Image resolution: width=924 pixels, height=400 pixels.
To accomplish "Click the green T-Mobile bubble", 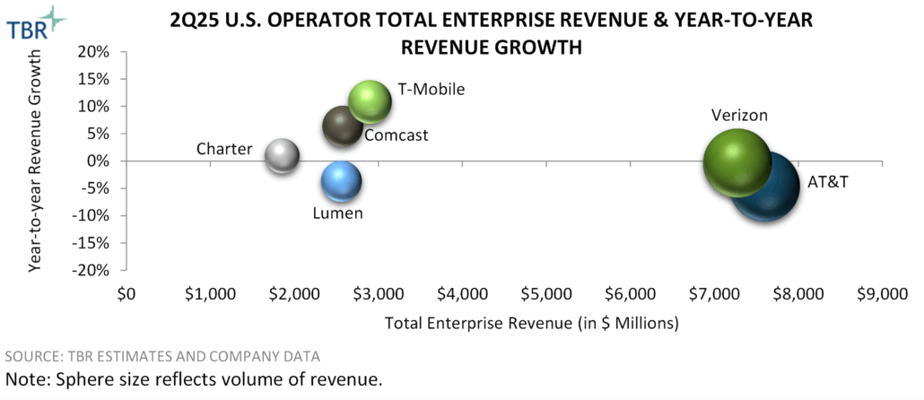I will pyautogui.click(x=370, y=101).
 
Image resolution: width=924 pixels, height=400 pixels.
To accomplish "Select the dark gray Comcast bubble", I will pyautogui.click(x=343, y=127).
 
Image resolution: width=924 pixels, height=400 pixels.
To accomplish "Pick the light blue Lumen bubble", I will pyautogui.click(x=341, y=181).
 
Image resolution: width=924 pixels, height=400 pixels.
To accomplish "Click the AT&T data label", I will pyautogui.click(x=827, y=181).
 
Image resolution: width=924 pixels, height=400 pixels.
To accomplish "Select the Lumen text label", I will pyautogui.click(x=337, y=213).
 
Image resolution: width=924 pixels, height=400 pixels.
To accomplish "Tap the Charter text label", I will pyautogui.click(x=224, y=148).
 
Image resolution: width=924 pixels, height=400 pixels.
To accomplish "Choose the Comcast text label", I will pyautogui.click(x=396, y=135).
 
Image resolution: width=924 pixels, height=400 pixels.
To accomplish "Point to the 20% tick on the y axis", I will pyautogui.click(x=95, y=51).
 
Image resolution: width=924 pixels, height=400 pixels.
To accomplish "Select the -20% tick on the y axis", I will pyautogui.click(x=92, y=270).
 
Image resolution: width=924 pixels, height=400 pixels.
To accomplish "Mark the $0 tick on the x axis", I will pyautogui.click(x=126, y=292).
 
